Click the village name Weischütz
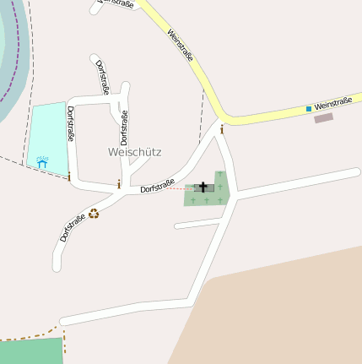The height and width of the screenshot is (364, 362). [135, 152]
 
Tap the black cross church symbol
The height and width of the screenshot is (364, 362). [203, 187]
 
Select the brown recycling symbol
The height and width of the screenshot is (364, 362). [94, 214]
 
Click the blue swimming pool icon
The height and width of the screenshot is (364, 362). [41, 160]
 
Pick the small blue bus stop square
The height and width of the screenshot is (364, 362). [309, 108]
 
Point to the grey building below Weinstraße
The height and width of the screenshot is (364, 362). [323, 118]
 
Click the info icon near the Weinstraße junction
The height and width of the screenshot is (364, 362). [222, 129]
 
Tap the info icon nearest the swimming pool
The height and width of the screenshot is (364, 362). [69, 177]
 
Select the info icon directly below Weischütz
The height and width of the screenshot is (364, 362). [119, 184]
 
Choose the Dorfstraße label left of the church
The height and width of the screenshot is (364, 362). [157, 187]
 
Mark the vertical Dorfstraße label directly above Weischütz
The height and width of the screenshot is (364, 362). [123, 128]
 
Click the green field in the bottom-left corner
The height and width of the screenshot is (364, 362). [30, 352]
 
